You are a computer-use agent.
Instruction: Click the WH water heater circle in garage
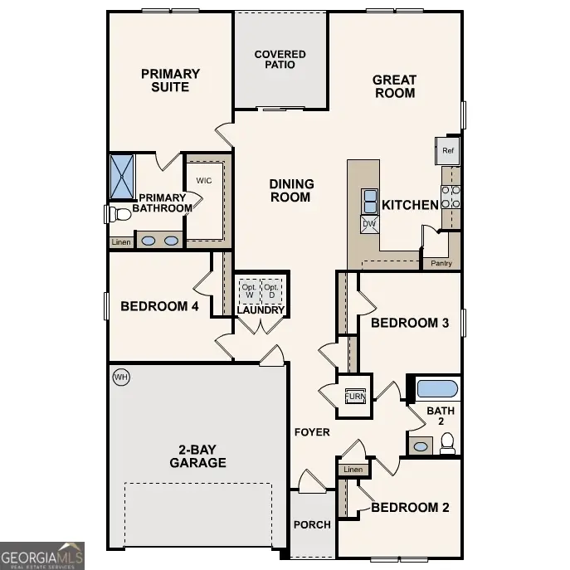(121, 378)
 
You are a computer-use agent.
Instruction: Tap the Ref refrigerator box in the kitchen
(448, 151)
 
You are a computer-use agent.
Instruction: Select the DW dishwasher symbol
(369, 223)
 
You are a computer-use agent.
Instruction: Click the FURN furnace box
(355, 395)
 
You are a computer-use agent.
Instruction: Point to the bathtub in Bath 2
(436, 388)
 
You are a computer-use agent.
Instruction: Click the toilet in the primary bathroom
(119, 214)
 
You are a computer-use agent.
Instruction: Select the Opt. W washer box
(249, 291)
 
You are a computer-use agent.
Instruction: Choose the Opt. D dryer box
(271, 291)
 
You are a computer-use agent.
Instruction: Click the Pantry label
(441, 263)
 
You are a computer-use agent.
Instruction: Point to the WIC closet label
(205, 180)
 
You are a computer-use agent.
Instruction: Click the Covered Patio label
(280, 60)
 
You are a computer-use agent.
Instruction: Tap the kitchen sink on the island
(369, 201)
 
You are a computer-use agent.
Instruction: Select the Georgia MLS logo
(42, 554)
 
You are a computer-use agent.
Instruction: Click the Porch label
(312, 524)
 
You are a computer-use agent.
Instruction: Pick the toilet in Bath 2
(447, 446)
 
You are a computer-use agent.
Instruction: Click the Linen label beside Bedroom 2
(353, 470)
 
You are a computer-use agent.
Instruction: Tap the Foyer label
(312, 432)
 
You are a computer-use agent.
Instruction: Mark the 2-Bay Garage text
(197, 456)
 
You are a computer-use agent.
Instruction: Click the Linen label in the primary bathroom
(120, 242)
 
